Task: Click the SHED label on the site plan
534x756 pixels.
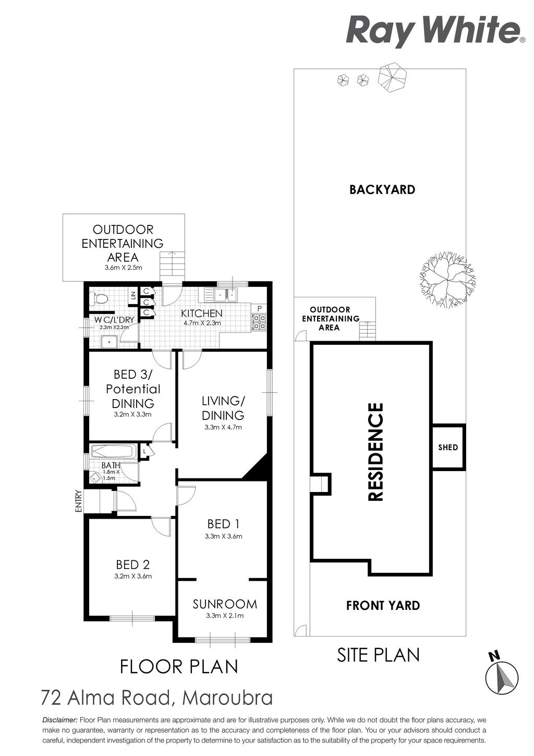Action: tap(448, 447)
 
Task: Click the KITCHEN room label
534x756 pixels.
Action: tap(202, 313)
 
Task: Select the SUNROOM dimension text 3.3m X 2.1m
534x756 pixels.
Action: tap(225, 616)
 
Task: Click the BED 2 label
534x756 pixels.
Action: tap(133, 565)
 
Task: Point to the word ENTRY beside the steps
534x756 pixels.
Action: tap(79, 501)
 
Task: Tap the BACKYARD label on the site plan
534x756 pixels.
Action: tap(382, 190)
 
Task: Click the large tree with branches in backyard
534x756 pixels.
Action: tap(446, 279)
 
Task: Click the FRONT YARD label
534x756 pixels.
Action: tap(383, 605)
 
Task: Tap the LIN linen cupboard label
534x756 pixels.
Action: tap(133, 296)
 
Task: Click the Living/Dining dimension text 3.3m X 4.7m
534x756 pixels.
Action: tap(223, 427)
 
